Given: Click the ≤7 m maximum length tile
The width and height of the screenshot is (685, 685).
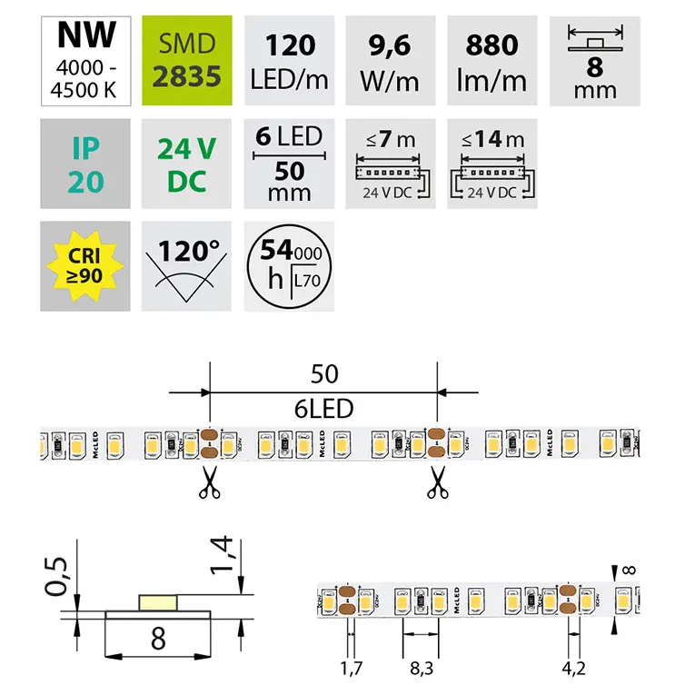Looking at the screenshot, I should (392, 164).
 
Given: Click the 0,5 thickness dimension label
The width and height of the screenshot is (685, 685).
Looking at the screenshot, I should (59, 576).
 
